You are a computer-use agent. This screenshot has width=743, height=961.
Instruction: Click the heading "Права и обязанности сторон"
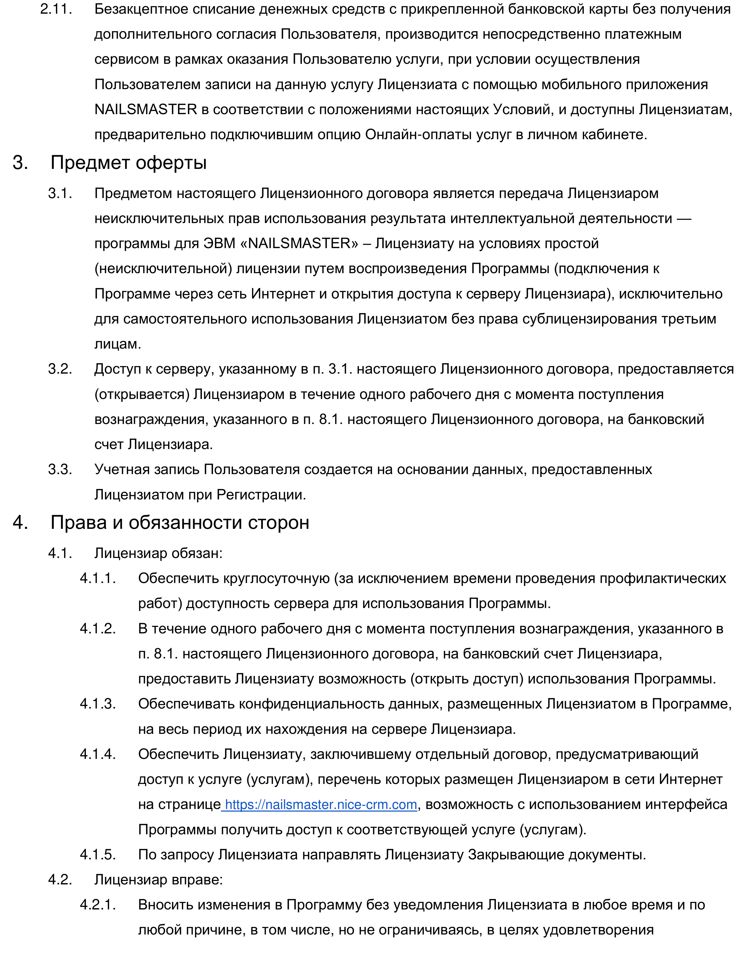179,522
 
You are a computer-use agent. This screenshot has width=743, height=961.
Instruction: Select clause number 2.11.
56,9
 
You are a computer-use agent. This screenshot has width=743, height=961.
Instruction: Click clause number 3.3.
60,469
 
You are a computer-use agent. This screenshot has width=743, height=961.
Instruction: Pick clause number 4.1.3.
98,704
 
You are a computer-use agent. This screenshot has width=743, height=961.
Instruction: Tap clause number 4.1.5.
98,855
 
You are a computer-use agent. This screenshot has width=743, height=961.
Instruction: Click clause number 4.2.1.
98,905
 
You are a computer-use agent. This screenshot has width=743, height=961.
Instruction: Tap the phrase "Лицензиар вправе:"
159,880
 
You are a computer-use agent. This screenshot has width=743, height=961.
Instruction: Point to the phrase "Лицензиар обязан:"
159,553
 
